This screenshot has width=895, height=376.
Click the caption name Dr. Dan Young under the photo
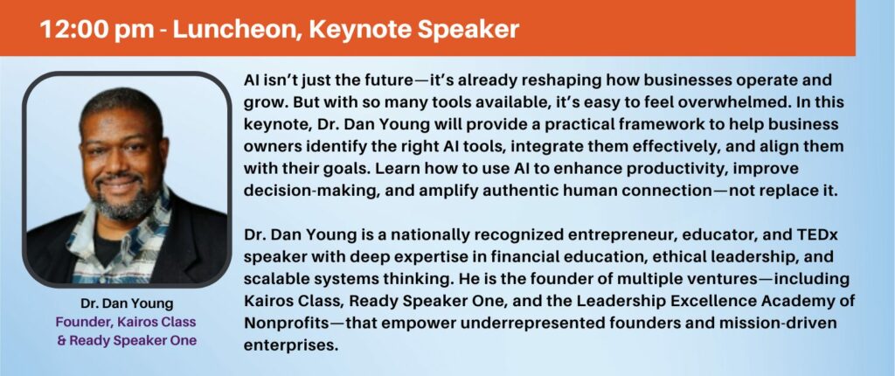pyautogui.click(x=127, y=303)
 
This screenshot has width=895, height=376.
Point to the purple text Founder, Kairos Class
pyautogui.click(x=126, y=322)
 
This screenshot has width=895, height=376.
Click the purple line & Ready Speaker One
pyautogui.click(x=127, y=340)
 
